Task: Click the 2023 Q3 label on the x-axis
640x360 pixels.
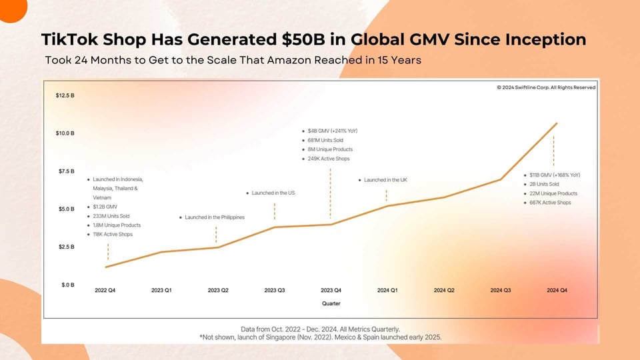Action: [x=274, y=290]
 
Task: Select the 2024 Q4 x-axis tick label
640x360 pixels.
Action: [x=557, y=290]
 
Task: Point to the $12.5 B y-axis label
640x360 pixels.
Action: [x=65, y=95]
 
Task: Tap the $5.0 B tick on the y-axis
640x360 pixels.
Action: [x=65, y=209]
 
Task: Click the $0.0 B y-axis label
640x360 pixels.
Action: [x=65, y=285]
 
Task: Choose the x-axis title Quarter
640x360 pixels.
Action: [x=331, y=303]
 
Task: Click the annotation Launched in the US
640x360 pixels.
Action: [x=273, y=193]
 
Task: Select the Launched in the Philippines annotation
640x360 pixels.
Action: [x=215, y=217]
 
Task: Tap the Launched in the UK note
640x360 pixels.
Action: [x=386, y=180]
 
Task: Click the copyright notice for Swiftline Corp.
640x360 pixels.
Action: [x=546, y=87]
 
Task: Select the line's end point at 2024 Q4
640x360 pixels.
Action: [x=557, y=123]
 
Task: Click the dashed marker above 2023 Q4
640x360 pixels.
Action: [x=330, y=193]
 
